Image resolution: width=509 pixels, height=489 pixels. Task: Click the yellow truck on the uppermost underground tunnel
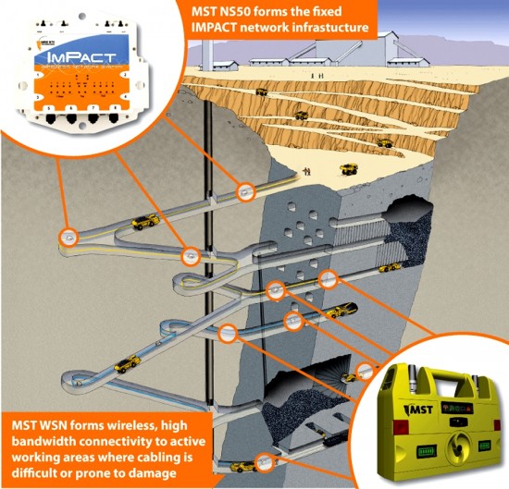[x=143, y=222]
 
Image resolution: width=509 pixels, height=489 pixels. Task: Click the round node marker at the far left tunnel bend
[x=68, y=236]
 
